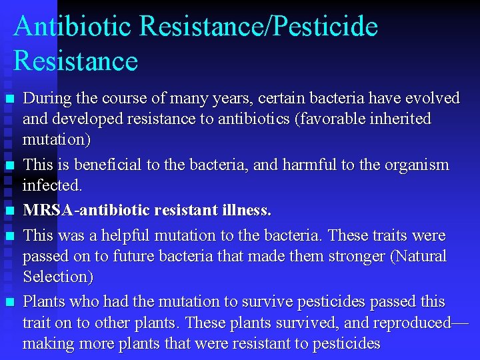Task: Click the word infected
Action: tap(51, 185)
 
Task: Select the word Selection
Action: tap(57, 277)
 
